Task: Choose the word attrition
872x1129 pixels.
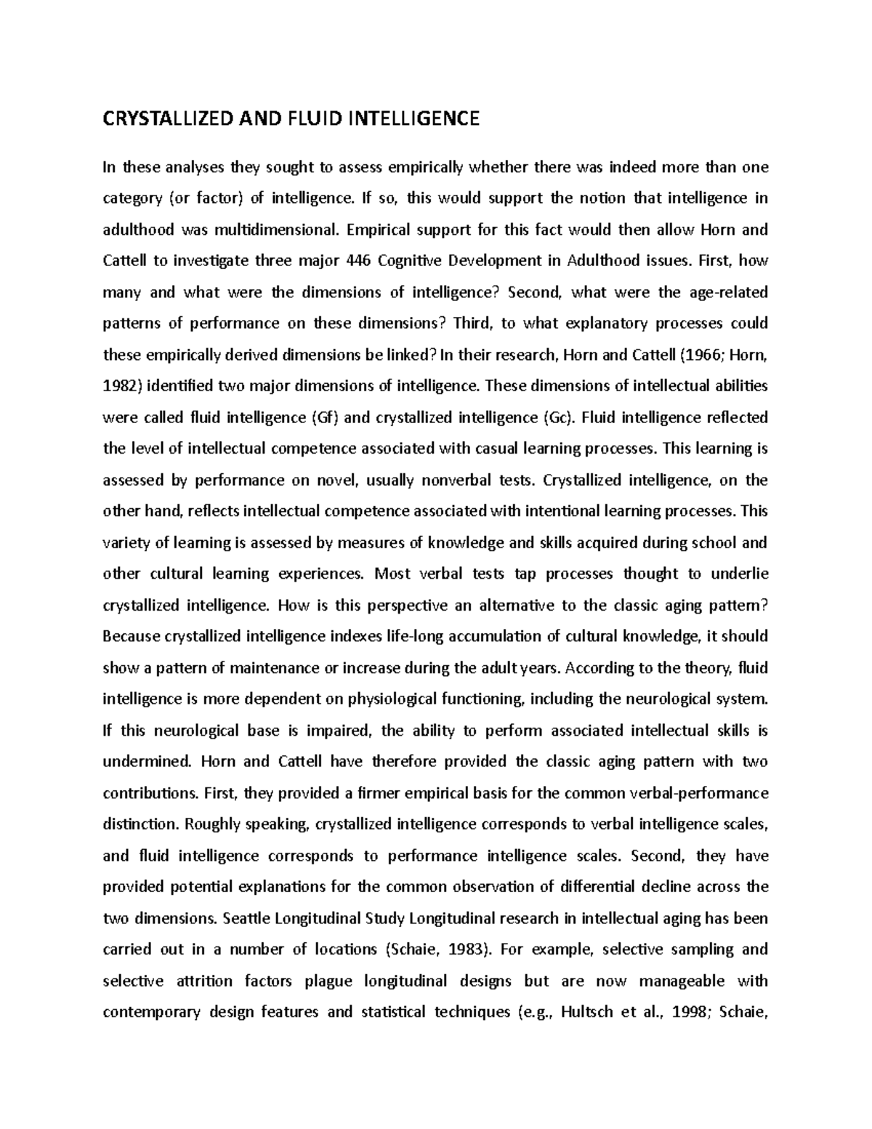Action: click(204, 981)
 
